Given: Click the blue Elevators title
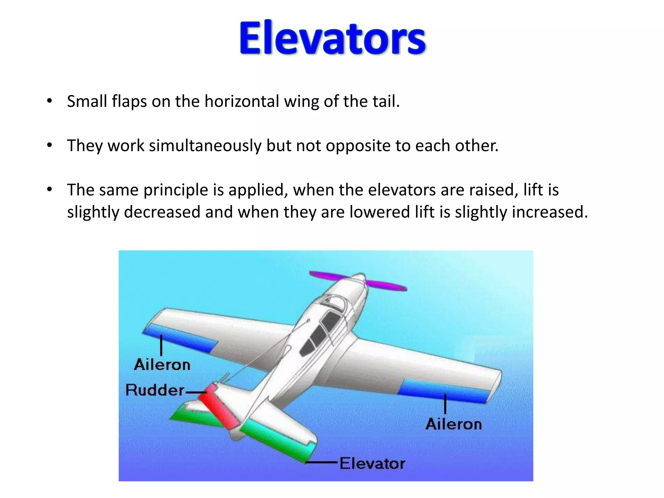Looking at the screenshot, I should [x=332, y=38].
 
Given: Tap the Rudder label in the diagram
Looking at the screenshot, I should [x=155, y=390].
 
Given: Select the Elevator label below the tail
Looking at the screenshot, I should [x=372, y=463].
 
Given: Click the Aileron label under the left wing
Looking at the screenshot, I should [x=162, y=365].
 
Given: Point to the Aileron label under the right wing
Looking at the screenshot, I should [x=454, y=424].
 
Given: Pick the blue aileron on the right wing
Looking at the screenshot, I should [x=444, y=390].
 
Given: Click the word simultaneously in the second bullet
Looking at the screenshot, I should [x=205, y=146].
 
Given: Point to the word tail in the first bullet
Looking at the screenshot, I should [x=387, y=101].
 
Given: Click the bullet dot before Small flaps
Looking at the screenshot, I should [x=49, y=101].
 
